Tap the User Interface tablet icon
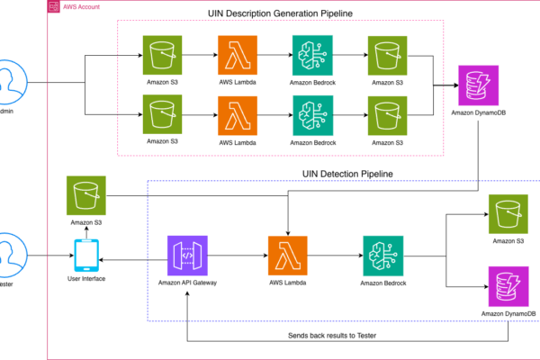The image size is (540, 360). tap(86, 255)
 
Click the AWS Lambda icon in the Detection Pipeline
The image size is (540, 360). tap(288, 255)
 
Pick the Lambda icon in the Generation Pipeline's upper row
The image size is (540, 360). tap(238, 56)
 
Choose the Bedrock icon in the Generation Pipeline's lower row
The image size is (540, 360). tap(311, 115)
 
